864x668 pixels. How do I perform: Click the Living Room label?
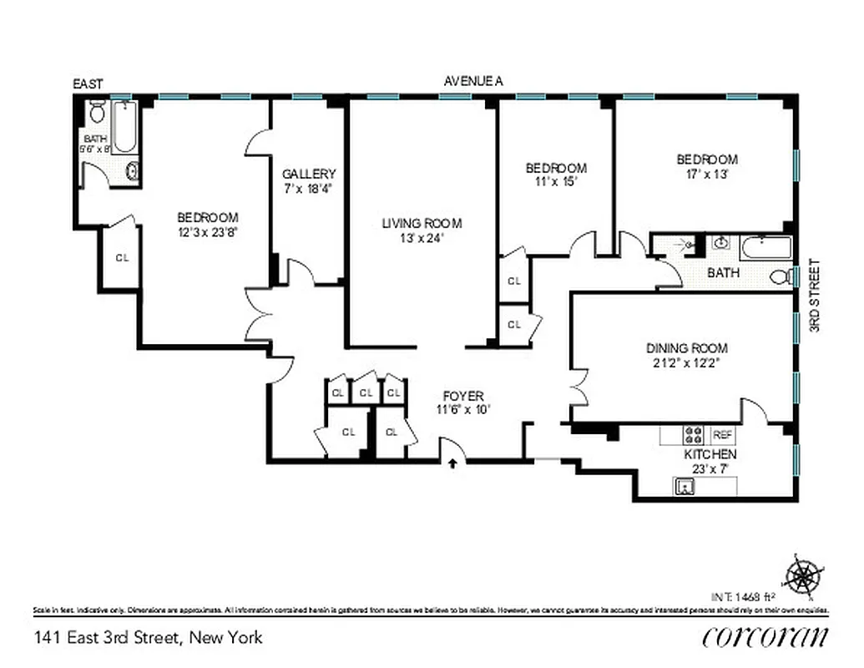(422, 223)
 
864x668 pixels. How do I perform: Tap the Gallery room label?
(309, 174)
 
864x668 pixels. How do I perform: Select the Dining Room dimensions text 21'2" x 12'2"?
(687, 363)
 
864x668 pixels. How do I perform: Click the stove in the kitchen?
(693, 435)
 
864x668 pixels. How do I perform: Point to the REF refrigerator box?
(722, 435)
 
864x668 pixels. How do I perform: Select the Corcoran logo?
(765, 636)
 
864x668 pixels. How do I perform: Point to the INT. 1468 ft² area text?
(745, 597)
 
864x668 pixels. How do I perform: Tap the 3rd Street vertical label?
(816, 297)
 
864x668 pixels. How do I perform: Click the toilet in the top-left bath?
(96, 113)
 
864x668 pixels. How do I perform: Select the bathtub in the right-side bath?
(765, 249)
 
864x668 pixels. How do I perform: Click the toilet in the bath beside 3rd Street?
(780, 276)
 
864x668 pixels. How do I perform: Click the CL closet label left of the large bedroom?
(122, 258)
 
